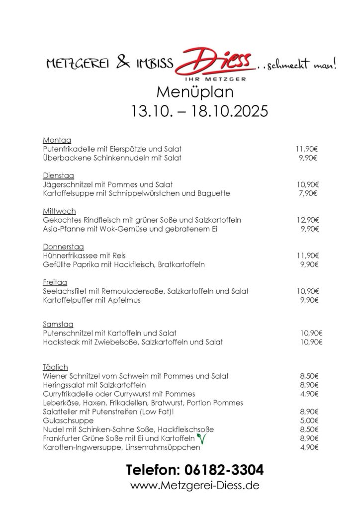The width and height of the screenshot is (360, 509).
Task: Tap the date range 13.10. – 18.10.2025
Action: (x=199, y=110)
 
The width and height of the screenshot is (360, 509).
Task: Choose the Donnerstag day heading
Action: (x=64, y=246)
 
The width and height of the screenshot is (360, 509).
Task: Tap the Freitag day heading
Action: (x=56, y=281)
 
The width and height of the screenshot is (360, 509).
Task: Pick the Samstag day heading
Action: (x=59, y=324)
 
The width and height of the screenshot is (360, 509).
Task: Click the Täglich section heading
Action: (x=55, y=366)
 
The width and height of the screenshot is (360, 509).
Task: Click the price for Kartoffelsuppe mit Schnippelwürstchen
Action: (x=308, y=193)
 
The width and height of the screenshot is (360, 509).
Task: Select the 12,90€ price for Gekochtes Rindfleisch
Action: (x=308, y=220)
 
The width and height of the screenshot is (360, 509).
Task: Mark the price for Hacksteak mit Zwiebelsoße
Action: (x=311, y=342)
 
